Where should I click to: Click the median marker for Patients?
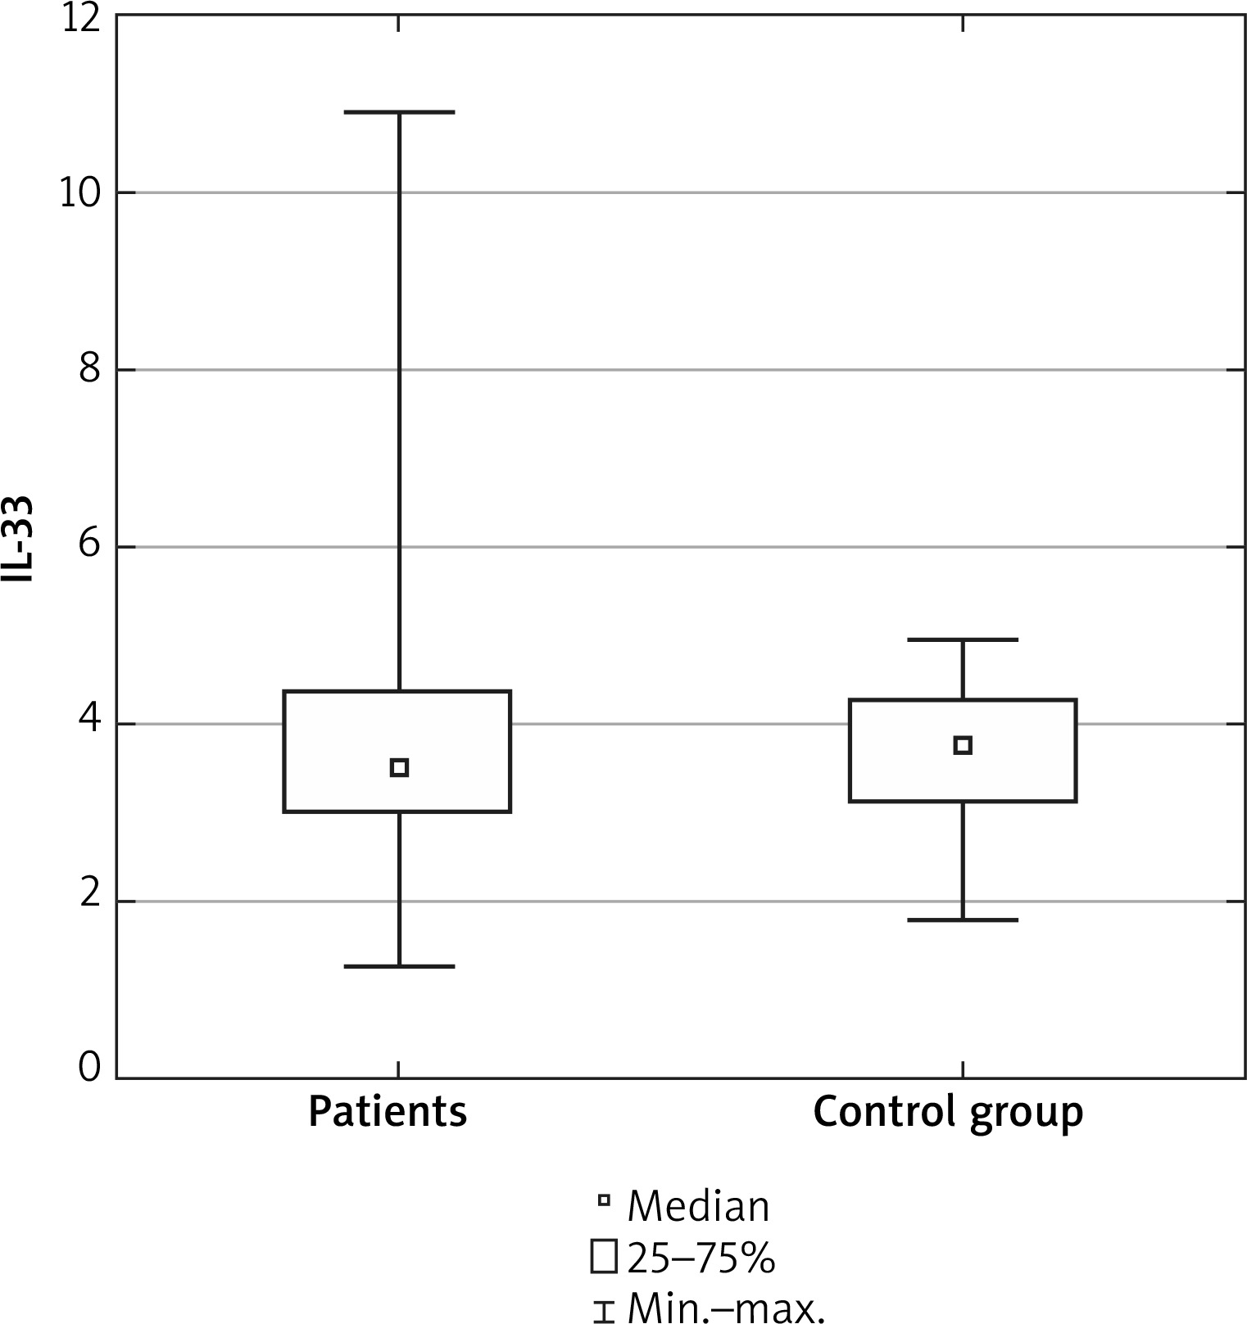399,767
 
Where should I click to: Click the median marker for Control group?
963,745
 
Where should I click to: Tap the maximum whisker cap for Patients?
399,112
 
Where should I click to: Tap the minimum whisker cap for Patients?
399,966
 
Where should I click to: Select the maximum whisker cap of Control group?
963,639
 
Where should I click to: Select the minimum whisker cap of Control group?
963,920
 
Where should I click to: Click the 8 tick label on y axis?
89,370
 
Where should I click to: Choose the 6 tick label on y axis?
89,547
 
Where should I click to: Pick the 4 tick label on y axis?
89,724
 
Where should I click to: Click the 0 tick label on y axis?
89,1069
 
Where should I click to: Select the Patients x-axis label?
388,1113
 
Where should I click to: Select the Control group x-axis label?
948,1113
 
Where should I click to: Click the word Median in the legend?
698,1207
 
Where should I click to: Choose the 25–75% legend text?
701,1258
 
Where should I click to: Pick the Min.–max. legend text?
725,1308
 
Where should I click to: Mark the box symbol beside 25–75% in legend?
604,1258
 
